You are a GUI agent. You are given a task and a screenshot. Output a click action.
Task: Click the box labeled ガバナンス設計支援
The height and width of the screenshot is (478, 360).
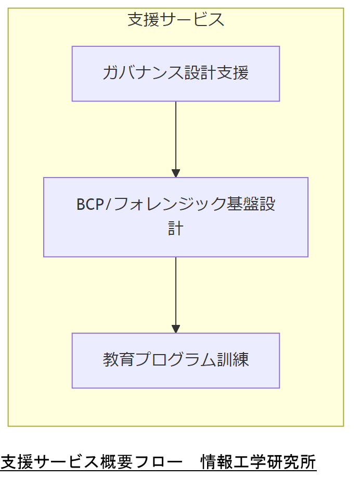(175, 73)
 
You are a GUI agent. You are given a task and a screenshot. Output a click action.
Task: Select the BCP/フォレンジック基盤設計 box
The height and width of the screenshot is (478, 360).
(175, 217)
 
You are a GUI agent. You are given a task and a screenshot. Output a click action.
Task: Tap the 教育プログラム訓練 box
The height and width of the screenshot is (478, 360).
(175, 360)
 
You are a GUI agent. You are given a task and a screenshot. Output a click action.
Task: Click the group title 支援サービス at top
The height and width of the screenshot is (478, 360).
(176, 20)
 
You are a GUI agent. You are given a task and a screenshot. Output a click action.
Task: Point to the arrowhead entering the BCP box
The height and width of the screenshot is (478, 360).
(176, 173)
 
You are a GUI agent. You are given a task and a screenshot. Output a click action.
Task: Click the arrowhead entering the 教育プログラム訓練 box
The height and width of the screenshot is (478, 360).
(176, 329)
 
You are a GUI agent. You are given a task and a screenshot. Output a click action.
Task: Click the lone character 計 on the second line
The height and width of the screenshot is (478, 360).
(175, 229)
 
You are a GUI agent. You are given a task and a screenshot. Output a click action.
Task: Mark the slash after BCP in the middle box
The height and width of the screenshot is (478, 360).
(108, 205)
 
